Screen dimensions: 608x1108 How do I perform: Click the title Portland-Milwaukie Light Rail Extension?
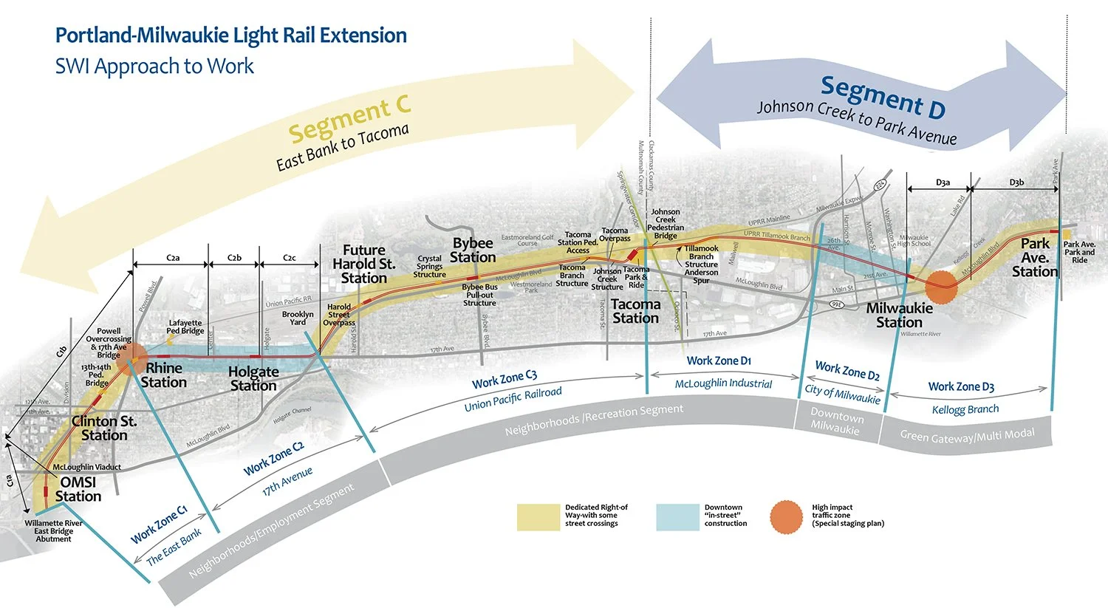coord(230,35)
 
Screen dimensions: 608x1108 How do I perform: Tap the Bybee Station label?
coord(473,250)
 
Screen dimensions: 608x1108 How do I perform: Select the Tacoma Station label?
coord(635,311)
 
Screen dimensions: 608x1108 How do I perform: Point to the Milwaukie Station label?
coord(899,315)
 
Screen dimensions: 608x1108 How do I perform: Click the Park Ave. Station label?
coord(1035,257)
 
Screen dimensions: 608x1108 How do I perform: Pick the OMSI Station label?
coord(78,489)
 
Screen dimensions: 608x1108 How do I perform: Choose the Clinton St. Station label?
coord(104,428)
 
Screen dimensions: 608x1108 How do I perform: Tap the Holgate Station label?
coord(253,378)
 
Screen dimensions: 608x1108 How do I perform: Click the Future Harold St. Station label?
coord(363,264)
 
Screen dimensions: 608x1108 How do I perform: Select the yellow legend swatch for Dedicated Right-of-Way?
coord(538,517)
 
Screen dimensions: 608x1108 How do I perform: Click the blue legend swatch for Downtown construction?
coord(677,517)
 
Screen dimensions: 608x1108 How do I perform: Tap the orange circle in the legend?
coord(786,517)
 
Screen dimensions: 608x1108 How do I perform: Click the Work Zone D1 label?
coord(719,361)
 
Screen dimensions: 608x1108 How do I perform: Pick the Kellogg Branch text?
coord(965,409)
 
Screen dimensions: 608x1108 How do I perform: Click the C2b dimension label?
coord(234,258)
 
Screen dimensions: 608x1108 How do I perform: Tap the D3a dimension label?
coord(943,182)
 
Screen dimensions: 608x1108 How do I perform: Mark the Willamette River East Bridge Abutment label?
coord(53,530)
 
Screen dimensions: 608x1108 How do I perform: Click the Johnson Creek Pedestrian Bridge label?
coord(666,224)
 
